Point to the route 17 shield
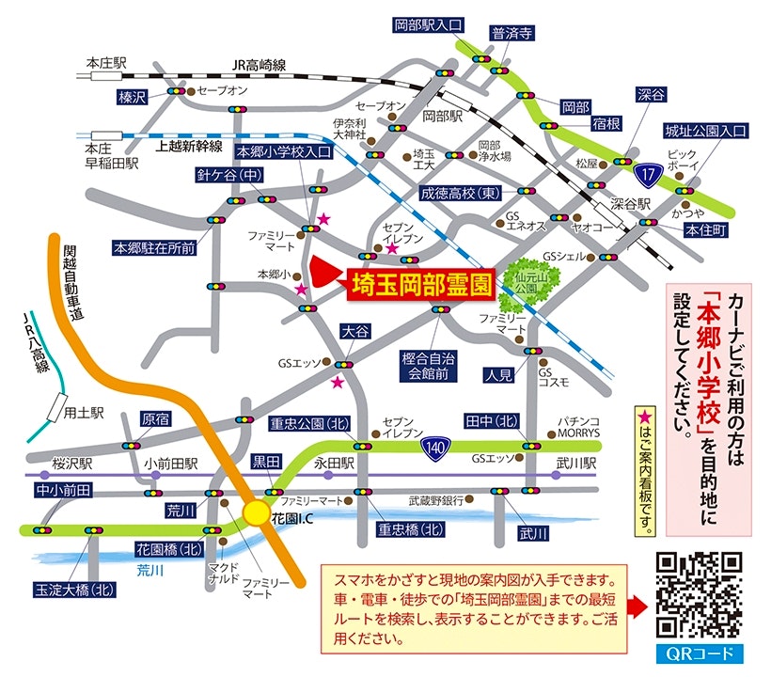645,174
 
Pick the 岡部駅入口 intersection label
429,25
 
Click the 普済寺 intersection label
512,33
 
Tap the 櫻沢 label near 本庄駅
133,97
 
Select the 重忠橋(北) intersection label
410,528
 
